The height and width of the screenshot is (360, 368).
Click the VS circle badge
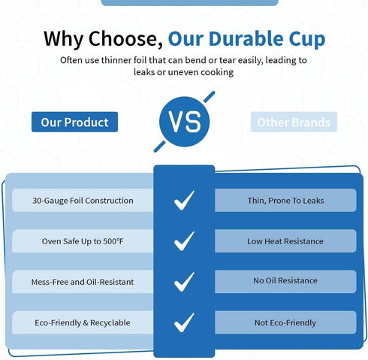(184, 122)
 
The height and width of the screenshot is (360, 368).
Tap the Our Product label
(74, 122)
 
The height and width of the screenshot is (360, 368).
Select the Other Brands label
(294, 122)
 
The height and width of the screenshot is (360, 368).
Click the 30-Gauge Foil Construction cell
(83, 201)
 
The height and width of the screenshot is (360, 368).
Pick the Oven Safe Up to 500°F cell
(83, 241)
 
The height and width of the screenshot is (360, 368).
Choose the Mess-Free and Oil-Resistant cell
(83, 282)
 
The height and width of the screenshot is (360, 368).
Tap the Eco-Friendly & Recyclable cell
(83, 322)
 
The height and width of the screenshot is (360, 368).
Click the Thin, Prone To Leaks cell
(285, 201)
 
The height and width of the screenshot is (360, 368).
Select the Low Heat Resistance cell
(285, 241)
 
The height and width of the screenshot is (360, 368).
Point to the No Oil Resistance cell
(285, 282)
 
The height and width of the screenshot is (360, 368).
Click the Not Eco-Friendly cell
(285, 322)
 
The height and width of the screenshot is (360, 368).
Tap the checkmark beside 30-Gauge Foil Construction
(184, 201)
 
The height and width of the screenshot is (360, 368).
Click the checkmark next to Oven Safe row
(184, 241)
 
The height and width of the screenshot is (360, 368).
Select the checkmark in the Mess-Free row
(184, 282)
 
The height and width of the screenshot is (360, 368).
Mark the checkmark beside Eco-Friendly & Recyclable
(184, 323)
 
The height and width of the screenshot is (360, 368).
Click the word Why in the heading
(64, 39)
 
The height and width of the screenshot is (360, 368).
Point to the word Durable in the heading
(246, 38)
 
